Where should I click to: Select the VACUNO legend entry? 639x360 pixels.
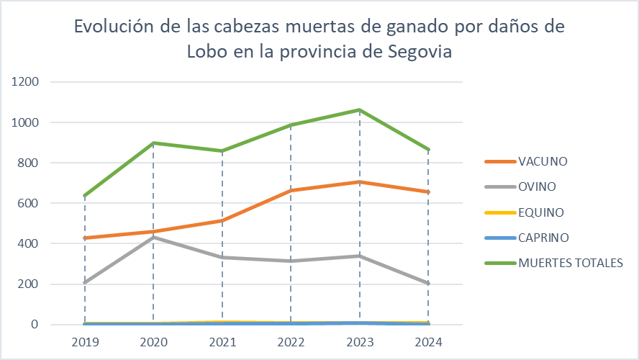click(543, 161)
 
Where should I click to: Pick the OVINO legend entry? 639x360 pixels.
click(538, 186)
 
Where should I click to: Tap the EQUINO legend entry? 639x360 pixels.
click(540, 212)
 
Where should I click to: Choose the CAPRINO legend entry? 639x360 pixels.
click(543, 238)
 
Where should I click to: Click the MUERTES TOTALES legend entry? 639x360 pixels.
click(570, 263)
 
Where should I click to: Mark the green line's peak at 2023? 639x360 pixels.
click(360, 110)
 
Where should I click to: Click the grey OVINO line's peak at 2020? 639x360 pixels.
click(153, 237)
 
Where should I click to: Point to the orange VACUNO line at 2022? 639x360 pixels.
click(291, 190)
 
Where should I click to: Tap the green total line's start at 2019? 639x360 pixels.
click(85, 196)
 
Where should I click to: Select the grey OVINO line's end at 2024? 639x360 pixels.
click(428, 284)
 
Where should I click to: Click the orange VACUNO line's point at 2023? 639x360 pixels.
click(360, 182)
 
